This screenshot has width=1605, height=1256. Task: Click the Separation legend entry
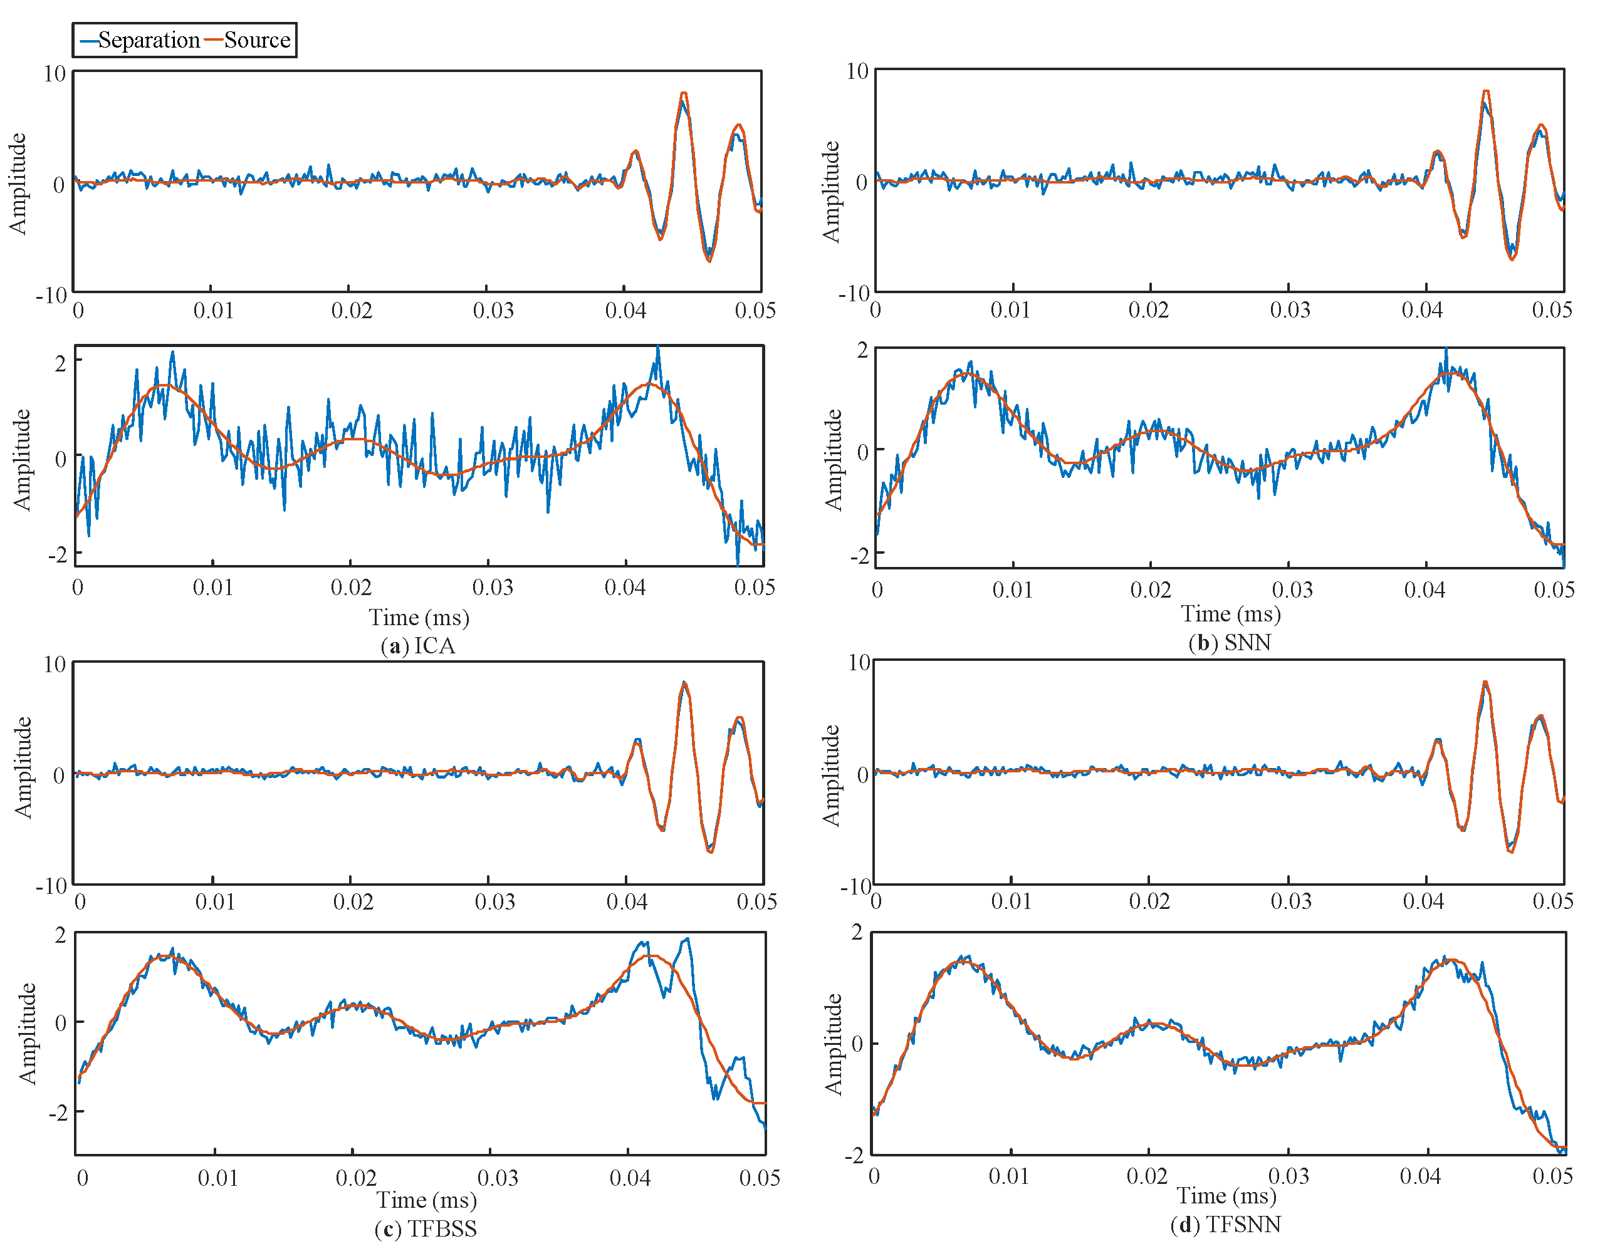tap(140, 39)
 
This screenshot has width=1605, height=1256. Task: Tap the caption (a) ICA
tap(418, 646)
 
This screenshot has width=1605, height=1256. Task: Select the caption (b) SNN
tap(1229, 643)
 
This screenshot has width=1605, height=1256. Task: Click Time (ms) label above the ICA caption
tap(419, 618)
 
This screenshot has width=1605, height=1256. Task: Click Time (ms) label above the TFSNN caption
tap(1226, 1196)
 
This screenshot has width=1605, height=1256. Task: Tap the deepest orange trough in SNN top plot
tap(1512, 259)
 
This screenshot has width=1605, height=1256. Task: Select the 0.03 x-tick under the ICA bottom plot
tap(492, 588)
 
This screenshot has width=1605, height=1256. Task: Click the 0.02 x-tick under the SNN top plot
tap(1148, 310)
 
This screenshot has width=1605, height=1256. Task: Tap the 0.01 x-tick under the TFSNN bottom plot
tap(1008, 1176)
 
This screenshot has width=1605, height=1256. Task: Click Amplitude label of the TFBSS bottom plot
tap(27, 1033)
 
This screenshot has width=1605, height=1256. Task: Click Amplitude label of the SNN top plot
tap(830, 191)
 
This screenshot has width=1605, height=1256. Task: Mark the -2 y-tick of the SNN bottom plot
tap(859, 556)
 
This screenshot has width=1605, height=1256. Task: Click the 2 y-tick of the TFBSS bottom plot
tap(60, 935)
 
